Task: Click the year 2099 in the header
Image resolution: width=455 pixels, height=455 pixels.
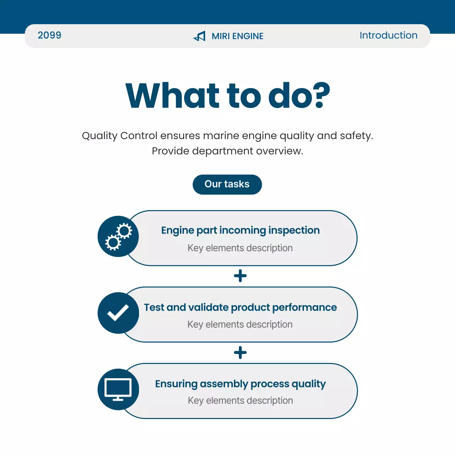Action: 49,35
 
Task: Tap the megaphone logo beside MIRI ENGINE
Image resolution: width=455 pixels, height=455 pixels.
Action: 199,36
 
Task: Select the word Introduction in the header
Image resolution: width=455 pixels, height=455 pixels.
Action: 388,35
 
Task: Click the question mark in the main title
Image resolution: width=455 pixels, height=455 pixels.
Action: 318,95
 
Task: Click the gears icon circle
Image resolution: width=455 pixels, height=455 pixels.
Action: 118,236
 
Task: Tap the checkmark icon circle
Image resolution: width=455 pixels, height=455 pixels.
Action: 118,313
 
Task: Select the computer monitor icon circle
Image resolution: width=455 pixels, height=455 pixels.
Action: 118,389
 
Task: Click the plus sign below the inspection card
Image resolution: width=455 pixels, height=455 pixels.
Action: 240,276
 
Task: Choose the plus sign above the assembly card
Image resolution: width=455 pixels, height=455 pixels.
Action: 240,353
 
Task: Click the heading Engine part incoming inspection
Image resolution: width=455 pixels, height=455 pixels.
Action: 240,230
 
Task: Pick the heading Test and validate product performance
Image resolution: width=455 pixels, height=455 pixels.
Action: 240,307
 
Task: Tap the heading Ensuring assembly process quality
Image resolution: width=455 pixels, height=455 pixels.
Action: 240,384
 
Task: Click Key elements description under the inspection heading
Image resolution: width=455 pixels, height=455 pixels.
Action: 240,248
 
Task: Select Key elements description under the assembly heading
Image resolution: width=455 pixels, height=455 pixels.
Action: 240,400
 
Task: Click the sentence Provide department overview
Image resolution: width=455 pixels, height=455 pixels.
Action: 227,151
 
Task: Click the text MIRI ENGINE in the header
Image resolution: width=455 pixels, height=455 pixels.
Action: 237,36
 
